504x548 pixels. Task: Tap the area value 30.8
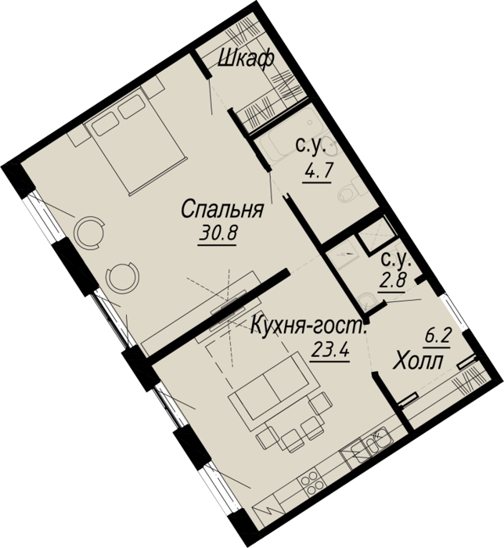(x=218, y=233)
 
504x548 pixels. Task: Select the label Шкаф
(x=246, y=59)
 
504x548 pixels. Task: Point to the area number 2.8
(x=393, y=280)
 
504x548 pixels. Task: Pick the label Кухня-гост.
(x=309, y=326)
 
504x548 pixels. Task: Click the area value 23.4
(x=329, y=349)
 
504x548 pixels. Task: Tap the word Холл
(x=418, y=362)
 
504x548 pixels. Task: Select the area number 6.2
(x=438, y=338)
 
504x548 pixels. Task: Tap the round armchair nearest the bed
(x=91, y=232)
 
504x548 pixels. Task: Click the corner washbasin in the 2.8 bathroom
(x=366, y=301)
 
